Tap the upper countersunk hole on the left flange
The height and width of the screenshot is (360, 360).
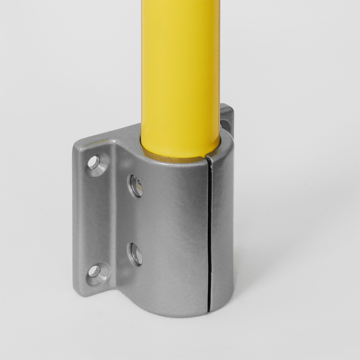click(94, 162)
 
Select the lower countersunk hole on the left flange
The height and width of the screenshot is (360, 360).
click(94, 271)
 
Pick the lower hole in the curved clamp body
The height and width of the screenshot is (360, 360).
click(136, 254)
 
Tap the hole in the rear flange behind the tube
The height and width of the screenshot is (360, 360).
click(225, 124)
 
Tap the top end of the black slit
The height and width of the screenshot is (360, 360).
click(206, 158)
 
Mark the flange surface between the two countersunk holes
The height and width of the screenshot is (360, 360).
click(94, 218)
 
